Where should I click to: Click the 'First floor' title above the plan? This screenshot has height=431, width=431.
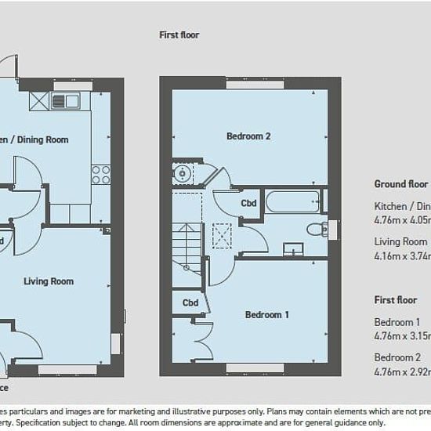179,34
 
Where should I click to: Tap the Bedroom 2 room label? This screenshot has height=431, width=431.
248,136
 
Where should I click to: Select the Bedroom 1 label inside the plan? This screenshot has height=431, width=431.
267,315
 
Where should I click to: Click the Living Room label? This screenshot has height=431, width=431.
49,281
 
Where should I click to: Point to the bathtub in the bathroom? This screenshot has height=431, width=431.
292,201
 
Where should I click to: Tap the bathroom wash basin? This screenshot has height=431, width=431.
293,249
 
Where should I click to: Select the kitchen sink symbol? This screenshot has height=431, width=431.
65,100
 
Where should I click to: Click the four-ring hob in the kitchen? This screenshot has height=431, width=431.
100,173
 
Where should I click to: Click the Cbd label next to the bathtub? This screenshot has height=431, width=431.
248,204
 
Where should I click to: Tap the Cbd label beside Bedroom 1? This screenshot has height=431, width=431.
190,302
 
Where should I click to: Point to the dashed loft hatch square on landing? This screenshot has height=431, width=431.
224,233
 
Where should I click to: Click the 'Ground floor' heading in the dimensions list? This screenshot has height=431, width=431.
400,185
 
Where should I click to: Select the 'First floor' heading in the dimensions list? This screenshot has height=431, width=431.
396,300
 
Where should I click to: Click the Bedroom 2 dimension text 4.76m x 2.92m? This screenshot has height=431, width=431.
401,371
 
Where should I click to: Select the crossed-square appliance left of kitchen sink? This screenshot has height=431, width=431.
38,100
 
